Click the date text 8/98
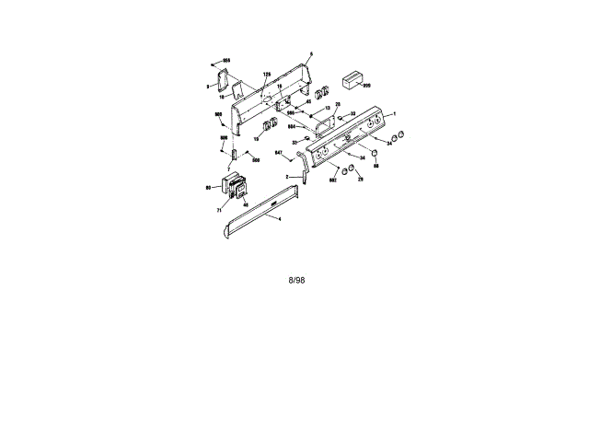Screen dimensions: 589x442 [x=296, y=280]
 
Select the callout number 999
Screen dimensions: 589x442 [x=366, y=86]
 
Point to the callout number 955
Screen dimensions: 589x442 [x=225, y=60]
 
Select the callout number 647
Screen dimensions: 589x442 [x=279, y=152]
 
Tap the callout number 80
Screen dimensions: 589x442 [x=209, y=187]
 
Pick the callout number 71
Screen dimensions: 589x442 [x=220, y=210]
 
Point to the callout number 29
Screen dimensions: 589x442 [x=360, y=179]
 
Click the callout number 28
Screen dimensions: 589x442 [x=338, y=104]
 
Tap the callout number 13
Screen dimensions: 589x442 [x=327, y=108]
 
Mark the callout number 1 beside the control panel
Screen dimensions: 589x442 [x=395, y=112]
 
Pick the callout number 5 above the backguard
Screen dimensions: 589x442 [x=311, y=55]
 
